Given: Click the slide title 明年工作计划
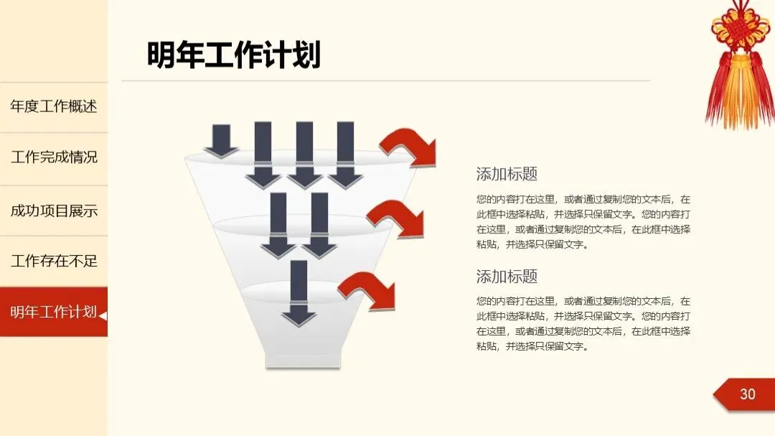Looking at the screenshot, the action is coord(234,55).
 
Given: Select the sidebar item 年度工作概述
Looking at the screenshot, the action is coord(54,107).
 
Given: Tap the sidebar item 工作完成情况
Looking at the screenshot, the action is coord(54,157).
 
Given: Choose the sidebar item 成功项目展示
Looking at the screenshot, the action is coord(54,211).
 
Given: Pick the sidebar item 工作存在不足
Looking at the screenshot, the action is coord(54,261).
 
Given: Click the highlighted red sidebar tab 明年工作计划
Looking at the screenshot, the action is coord(53,312).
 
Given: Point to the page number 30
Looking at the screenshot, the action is coord(747,394).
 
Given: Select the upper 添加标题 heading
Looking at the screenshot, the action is coord(507,174).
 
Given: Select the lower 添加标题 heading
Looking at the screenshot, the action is coord(507,277).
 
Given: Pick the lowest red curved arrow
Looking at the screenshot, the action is coord(367,289).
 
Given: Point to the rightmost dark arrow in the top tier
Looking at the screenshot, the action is coord(346,154).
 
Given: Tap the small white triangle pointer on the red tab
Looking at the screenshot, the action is coord(103,315).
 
